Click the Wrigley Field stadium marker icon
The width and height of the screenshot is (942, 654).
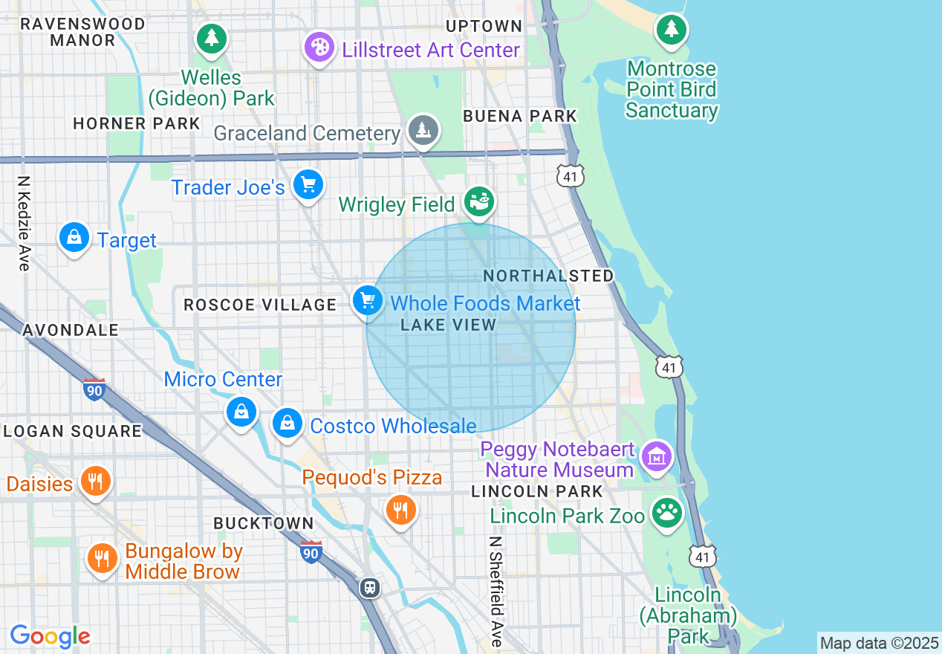(x=479, y=201)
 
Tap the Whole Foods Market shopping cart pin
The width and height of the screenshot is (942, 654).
(x=367, y=301)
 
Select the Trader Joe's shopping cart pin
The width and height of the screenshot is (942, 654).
(x=308, y=184)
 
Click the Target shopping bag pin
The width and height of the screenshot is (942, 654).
(x=74, y=238)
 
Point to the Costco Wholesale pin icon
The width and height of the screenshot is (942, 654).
(x=287, y=424)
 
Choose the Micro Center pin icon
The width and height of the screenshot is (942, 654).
(x=241, y=411)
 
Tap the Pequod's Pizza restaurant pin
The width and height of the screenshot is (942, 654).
(x=400, y=510)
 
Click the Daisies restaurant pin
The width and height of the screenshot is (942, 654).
(x=95, y=481)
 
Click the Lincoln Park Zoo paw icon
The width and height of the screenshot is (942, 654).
(x=667, y=513)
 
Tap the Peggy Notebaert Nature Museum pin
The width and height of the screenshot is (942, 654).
(x=657, y=456)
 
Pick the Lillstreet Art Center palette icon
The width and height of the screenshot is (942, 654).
(x=319, y=48)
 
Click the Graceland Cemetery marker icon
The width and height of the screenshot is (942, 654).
(x=423, y=131)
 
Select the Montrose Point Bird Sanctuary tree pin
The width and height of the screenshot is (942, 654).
(x=672, y=30)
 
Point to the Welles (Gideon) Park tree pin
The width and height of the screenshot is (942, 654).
(x=212, y=37)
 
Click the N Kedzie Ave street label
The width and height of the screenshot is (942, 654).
(x=25, y=223)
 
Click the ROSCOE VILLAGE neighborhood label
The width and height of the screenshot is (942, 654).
(x=260, y=305)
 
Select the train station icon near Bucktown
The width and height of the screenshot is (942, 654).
(x=370, y=588)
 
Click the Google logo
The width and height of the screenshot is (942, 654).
(x=51, y=636)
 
